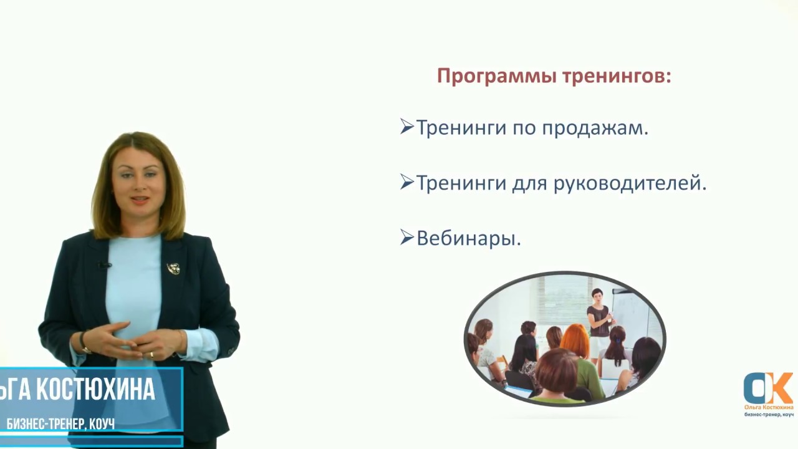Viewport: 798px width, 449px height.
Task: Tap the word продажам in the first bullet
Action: [x=595, y=128]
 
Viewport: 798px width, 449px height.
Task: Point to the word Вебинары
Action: [x=468, y=239]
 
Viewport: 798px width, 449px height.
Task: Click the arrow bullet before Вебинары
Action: [x=406, y=238]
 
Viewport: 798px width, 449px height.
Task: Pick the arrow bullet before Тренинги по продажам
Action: [x=406, y=127]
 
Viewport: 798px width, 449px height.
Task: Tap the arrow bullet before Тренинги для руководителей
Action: [x=406, y=182]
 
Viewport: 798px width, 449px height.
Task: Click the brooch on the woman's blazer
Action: [x=173, y=268]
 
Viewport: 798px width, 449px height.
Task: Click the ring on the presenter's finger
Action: [x=151, y=354]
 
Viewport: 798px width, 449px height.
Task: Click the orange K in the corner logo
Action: [x=778, y=388]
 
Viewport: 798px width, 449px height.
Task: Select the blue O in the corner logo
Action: [x=756, y=389]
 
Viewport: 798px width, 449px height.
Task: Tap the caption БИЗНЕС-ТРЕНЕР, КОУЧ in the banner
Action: [x=60, y=424]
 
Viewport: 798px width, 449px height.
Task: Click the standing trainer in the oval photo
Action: [x=599, y=318]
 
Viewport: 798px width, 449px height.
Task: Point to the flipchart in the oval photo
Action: [x=630, y=312]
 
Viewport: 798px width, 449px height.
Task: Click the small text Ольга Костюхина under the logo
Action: [x=768, y=407]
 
